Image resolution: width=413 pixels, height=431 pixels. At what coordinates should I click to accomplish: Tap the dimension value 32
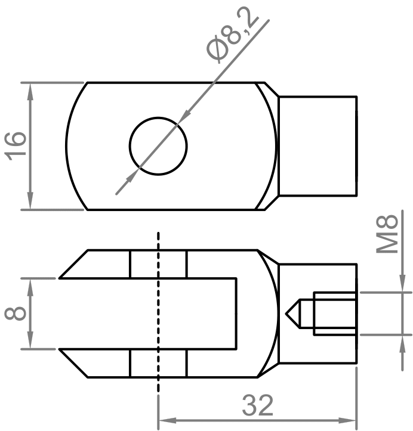pyautogui.click(x=257, y=406)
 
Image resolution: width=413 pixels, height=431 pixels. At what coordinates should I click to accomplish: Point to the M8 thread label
pyautogui.click(x=389, y=236)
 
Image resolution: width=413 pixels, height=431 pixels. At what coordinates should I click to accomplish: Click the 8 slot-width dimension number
pyautogui.click(x=15, y=313)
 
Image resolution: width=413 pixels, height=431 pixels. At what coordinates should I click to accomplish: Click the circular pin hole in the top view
pyautogui.click(x=159, y=145)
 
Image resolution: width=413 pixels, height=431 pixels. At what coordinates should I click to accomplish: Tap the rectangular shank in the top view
pyautogui.click(x=318, y=145)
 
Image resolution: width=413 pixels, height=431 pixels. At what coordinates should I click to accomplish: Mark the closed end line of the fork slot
pyautogui.click(x=236, y=313)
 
